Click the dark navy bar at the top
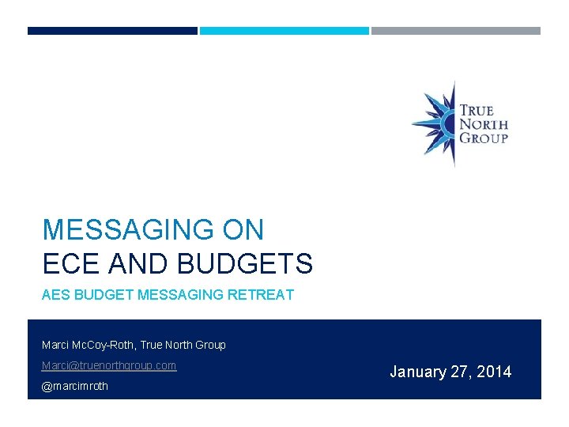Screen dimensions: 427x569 (x=112, y=31)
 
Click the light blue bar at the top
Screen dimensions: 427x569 (x=284, y=31)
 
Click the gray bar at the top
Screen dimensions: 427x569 (x=456, y=31)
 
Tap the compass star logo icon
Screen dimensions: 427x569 (x=435, y=123)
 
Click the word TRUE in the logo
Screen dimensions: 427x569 (x=477, y=110)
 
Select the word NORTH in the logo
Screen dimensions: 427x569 (x=484, y=124)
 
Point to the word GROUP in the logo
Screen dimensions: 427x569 (x=484, y=138)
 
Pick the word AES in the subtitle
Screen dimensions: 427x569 (x=55, y=295)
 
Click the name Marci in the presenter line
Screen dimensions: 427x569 (x=55, y=345)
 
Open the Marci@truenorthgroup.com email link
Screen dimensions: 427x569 (x=109, y=365)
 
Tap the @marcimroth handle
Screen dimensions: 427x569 (x=75, y=386)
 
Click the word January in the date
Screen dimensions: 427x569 (x=418, y=372)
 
